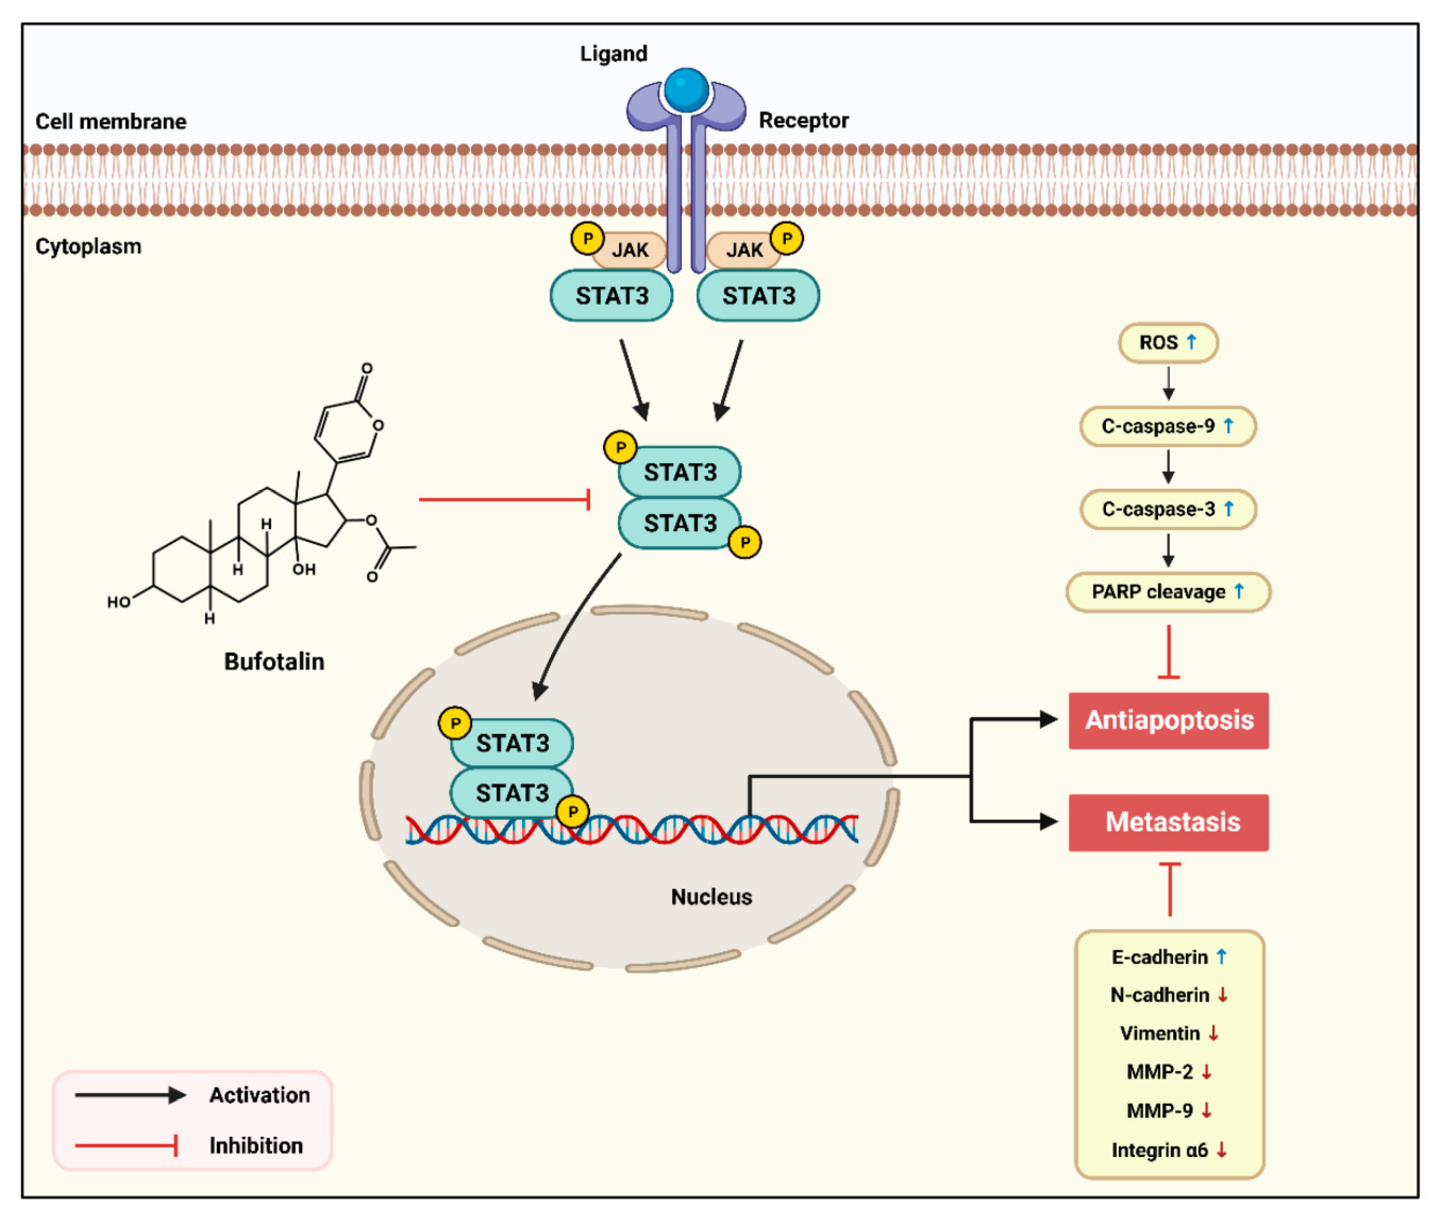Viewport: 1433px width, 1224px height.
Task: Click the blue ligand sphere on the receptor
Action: (x=685, y=89)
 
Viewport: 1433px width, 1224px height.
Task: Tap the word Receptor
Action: (x=803, y=120)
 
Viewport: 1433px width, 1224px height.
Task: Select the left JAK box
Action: (x=630, y=250)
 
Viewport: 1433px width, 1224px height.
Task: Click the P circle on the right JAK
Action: (x=786, y=239)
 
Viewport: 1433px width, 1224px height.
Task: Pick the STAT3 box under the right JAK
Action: (x=758, y=296)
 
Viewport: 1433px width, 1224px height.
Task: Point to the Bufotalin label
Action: (x=274, y=662)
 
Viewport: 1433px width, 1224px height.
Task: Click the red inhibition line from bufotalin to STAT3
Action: (x=504, y=499)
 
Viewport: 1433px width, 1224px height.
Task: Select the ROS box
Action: (x=1168, y=342)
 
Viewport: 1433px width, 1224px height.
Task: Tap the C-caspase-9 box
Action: (x=1168, y=426)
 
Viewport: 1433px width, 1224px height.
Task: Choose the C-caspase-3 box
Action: (x=1168, y=509)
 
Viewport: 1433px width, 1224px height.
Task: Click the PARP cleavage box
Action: (x=1168, y=592)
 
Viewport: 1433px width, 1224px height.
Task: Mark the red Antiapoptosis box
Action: (x=1168, y=720)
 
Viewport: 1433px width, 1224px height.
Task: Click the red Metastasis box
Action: (x=1168, y=822)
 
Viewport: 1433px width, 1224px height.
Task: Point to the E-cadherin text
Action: (x=1159, y=957)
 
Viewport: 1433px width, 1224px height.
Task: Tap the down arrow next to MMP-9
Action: (x=1207, y=1111)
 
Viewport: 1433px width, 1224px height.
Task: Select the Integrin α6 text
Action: (x=1159, y=1150)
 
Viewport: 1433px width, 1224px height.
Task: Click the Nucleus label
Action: (x=711, y=897)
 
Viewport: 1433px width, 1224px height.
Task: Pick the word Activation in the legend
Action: (x=259, y=1095)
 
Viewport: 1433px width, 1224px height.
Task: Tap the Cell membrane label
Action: (x=111, y=122)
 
